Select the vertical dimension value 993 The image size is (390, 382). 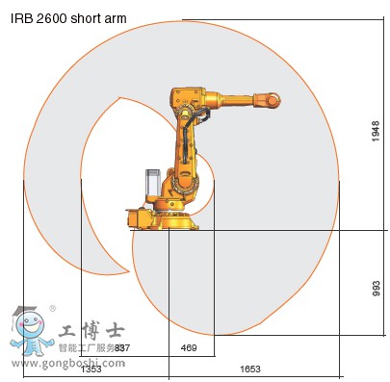[377, 288]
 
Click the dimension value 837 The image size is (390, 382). [121, 347]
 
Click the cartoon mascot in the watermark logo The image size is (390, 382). [31, 332]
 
